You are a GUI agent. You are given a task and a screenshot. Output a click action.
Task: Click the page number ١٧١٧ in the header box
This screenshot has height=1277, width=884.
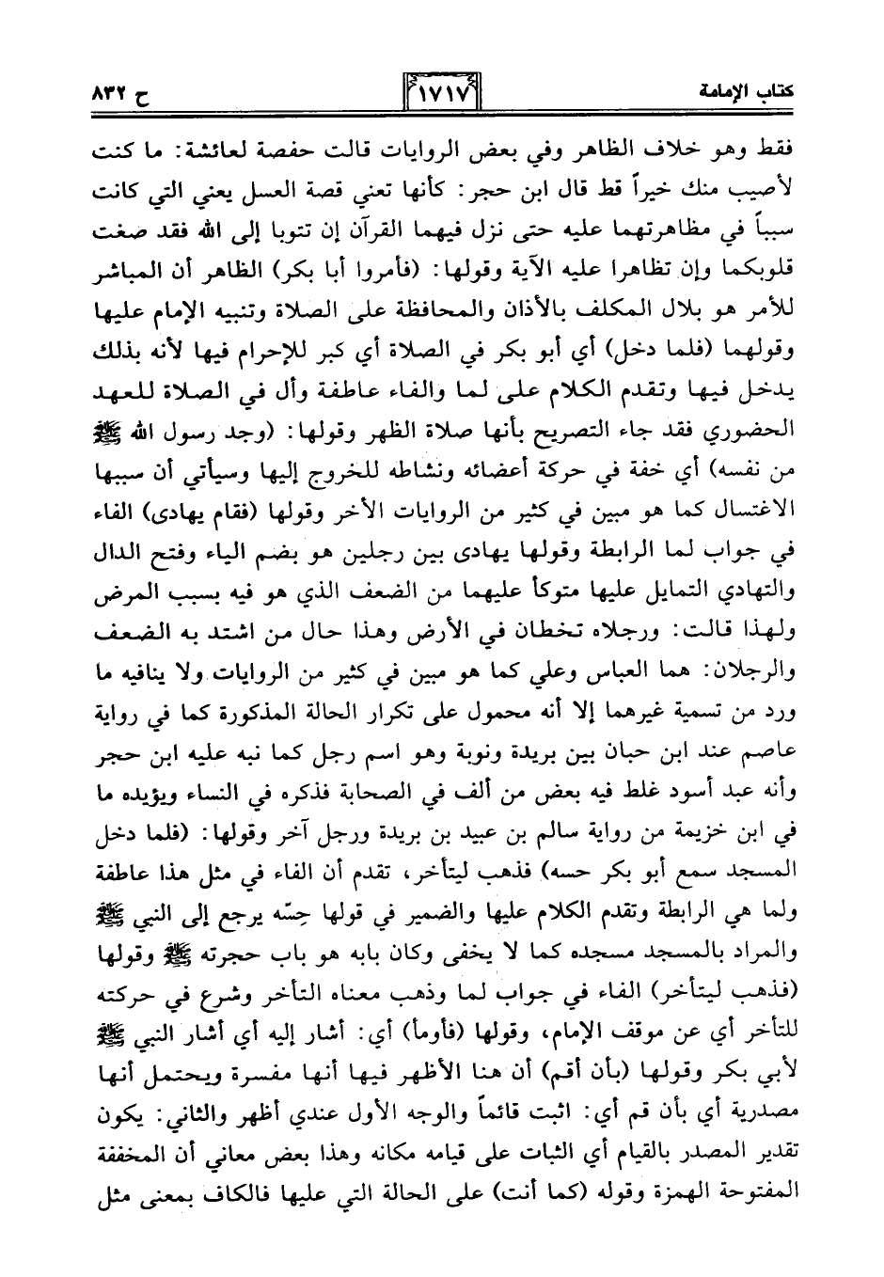(441, 93)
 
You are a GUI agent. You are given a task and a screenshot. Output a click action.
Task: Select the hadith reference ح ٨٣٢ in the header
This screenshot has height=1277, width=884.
(118, 93)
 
